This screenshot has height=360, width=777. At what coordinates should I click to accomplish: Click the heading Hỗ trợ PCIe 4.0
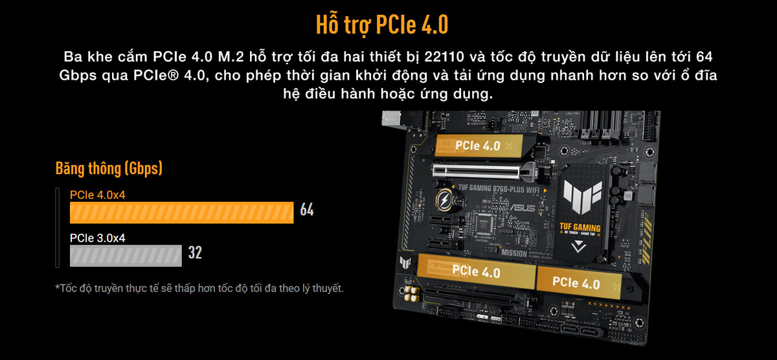pos(382,24)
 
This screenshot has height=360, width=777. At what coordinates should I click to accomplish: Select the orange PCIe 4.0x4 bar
pos(182,212)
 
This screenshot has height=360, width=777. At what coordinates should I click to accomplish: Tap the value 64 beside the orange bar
pos(307,210)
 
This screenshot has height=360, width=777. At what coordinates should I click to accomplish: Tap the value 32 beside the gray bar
pos(195,253)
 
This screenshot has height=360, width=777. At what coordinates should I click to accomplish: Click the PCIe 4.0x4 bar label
pos(97,194)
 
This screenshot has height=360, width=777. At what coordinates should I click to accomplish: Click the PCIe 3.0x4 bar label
pos(97,238)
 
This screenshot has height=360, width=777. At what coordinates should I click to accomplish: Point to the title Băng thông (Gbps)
pos(109,169)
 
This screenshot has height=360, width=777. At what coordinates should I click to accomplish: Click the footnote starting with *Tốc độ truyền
pos(199,287)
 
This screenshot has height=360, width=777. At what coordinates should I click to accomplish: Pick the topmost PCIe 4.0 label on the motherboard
pos(477,146)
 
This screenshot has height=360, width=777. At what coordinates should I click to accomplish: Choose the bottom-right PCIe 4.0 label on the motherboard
pos(576,283)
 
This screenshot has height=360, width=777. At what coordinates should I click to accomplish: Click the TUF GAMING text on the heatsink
pos(580,228)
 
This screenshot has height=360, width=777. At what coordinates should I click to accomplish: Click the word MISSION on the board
pos(513,253)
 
